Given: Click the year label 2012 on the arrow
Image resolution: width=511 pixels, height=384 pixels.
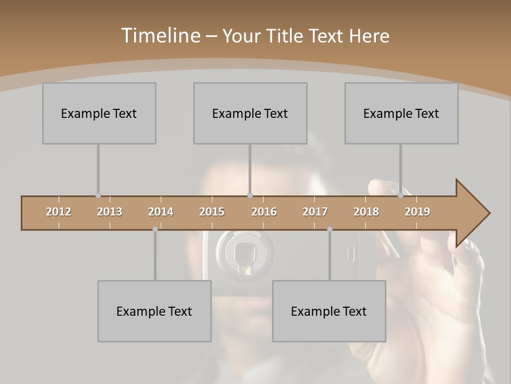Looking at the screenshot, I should point(59,212).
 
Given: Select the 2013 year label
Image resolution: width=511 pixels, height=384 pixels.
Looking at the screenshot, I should point(110,212).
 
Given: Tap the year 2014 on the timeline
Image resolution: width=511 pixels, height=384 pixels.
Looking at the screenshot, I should point(161,212).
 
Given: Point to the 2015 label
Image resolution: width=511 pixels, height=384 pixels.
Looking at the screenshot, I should point(212,212).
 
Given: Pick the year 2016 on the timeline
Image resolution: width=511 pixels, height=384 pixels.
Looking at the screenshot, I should point(264,212).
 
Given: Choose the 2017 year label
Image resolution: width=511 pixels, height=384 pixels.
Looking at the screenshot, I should point(315,212).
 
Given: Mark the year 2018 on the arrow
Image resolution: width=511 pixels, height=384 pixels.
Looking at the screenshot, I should point(366,212).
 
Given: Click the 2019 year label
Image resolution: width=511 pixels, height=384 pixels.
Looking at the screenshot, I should point(417,212).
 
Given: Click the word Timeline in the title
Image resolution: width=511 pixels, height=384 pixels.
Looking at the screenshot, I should point(160,36).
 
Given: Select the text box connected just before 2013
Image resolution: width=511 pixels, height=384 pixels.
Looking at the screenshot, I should point(99,113).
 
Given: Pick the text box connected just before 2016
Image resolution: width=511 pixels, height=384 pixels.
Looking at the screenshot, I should point(250,113).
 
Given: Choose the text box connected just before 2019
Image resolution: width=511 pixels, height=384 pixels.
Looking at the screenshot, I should point(401,113).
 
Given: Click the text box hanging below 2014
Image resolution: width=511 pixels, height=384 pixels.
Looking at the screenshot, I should point(154,311).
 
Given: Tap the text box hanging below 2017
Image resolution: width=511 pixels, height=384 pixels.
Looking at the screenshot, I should point(329,311).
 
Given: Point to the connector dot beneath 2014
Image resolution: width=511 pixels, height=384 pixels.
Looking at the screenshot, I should point(155,229).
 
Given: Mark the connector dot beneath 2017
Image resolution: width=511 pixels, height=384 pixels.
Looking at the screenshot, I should point(329,229).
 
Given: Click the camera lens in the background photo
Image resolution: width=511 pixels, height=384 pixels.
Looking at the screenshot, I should point(245,254).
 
